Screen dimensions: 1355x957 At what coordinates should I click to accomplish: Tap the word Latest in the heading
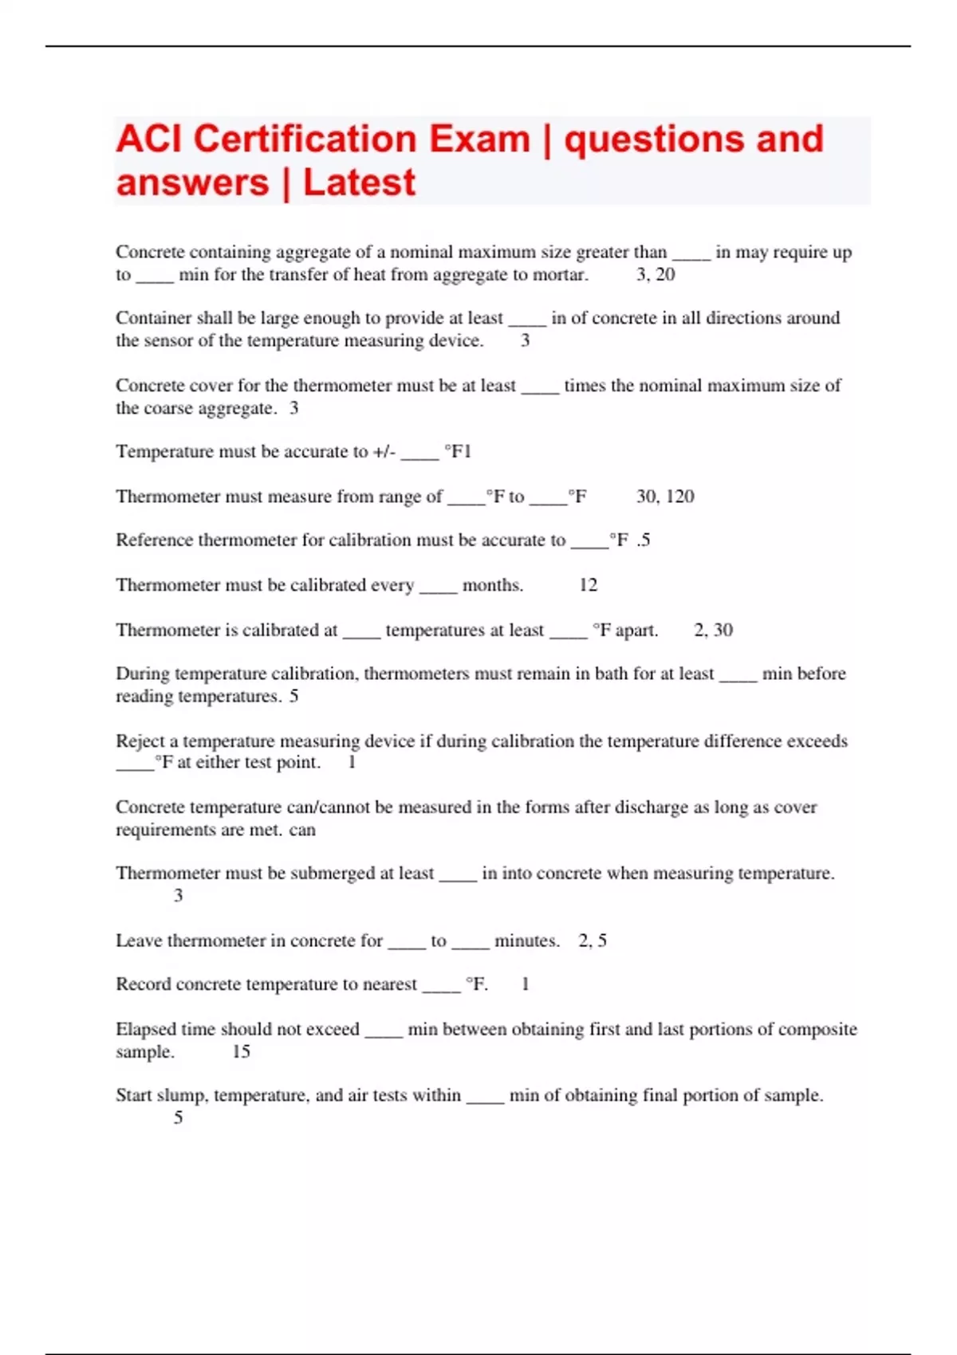[x=359, y=183]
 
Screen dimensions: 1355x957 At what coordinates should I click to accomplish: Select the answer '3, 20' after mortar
[x=656, y=275]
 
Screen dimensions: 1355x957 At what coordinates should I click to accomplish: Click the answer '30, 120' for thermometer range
[x=665, y=497]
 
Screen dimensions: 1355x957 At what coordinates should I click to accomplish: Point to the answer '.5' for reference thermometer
[x=644, y=540]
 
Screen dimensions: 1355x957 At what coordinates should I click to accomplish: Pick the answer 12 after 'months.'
[x=588, y=585]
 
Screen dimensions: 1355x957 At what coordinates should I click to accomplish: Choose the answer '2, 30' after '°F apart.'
[x=713, y=630]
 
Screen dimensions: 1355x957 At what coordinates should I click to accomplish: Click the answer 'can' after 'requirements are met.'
[x=302, y=830]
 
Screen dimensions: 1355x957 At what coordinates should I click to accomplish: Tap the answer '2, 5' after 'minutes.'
[x=593, y=941]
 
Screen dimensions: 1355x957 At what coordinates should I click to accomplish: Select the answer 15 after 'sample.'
[x=241, y=1051]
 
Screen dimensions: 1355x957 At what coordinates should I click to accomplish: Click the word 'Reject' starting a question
[x=140, y=740]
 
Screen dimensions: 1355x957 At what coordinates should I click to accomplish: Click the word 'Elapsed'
[x=145, y=1029]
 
